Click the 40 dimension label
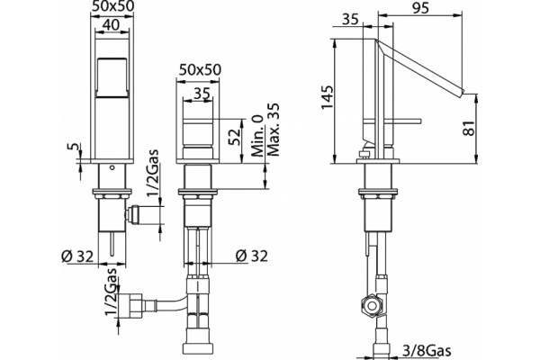(x=112, y=25)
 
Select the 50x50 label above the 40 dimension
(x=112, y=5)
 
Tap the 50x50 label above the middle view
(x=200, y=70)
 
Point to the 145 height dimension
(x=328, y=97)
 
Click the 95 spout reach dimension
(x=420, y=7)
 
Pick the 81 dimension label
(x=471, y=128)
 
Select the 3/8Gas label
(x=427, y=351)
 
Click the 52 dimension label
(x=234, y=137)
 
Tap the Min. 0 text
(x=257, y=136)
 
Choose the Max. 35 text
(x=273, y=130)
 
